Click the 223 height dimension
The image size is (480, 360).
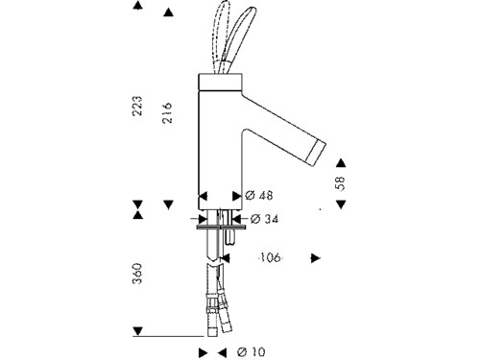pyautogui.click(x=138, y=106)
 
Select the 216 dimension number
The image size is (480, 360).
pyautogui.click(x=167, y=112)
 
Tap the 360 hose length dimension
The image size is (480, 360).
pyautogui.click(x=137, y=274)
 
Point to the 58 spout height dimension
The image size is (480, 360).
pyautogui.click(x=341, y=183)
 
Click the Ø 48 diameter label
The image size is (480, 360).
pyautogui.click(x=259, y=195)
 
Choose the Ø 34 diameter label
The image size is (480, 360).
pyautogui.click(x=264, y=219)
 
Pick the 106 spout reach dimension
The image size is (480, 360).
pyautogui.click(x=271, y=257)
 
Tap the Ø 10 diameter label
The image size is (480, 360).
pyautogui.click(x=252, y=352)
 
